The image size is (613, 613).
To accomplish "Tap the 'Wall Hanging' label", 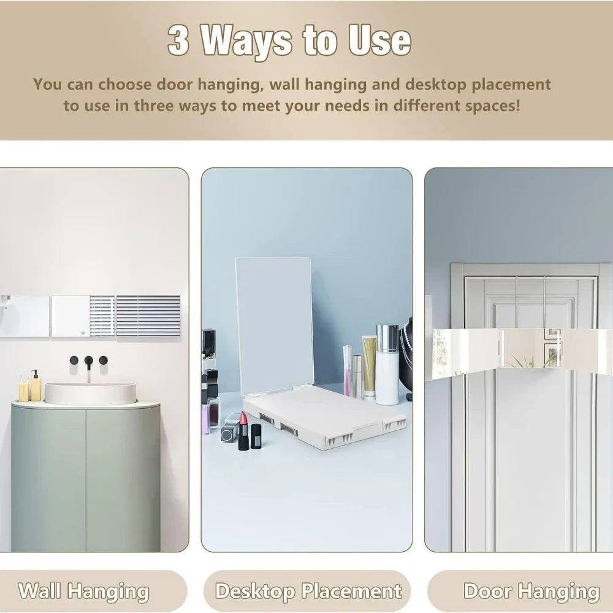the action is (x=83, y=591).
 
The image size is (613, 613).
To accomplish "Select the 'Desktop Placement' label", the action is (x=308, y=591).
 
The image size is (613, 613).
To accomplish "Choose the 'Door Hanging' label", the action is (x=531, y=591).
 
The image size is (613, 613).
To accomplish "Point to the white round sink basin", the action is (x=90, y=394).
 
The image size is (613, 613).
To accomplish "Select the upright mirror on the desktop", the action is (x=273, y=326).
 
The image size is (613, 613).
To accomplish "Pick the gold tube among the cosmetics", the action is (x=368, y=367).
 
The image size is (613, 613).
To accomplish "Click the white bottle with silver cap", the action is (x=387, y=364).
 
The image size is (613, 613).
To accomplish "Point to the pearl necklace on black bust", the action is (x=407, y=354).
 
